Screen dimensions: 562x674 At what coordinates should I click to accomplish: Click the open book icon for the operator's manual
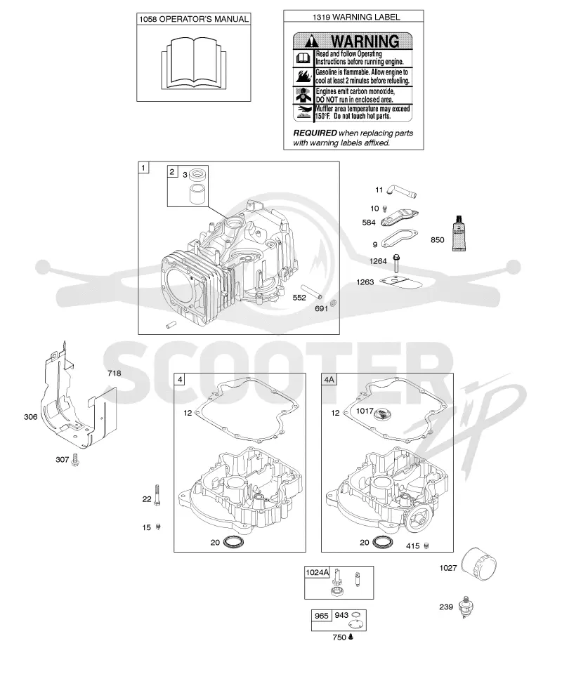[x=193, y=63]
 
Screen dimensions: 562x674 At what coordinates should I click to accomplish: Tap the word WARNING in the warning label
[x=365, y=41]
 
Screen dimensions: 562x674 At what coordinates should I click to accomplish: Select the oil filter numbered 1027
[x=478, y=564]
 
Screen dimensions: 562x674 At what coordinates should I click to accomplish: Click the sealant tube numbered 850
[x=458, y=233]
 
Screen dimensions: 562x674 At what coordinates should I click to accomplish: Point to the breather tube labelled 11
[x=401, y=191]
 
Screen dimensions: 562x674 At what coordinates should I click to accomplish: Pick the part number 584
[x=369, y=223]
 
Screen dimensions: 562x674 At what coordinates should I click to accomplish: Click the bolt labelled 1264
[x=396, y=263]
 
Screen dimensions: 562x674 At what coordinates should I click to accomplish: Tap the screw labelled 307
[x=75, y=460]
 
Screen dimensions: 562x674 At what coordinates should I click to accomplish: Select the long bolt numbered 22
[x=157, y=495]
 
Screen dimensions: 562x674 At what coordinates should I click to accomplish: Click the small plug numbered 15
[x=158, y=527]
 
